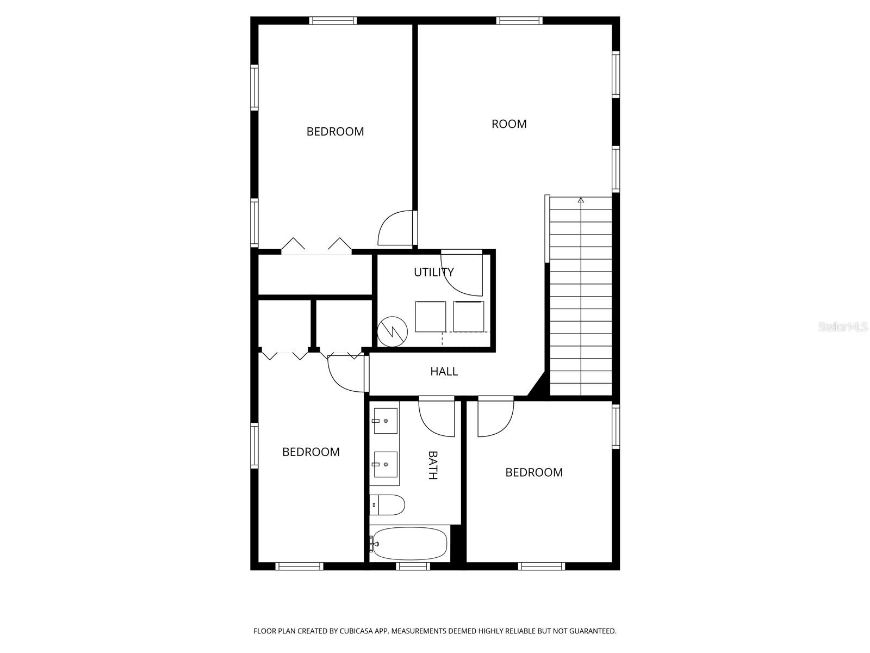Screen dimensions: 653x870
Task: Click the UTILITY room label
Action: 433,272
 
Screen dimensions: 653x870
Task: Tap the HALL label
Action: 444,372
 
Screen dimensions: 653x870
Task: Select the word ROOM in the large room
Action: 509,124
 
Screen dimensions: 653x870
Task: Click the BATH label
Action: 432,465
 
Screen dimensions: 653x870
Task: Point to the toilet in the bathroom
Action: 387,505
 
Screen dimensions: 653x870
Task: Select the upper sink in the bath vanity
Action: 385,421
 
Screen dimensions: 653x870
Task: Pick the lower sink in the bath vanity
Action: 385,464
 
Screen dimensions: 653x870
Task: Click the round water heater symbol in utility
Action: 392,331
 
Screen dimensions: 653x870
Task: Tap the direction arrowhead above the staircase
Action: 581,200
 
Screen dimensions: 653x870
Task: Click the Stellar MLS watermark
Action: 843,327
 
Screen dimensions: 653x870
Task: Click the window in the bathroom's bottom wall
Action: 413,566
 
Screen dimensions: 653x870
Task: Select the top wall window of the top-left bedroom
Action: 333,21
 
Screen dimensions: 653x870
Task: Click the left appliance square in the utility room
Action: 431,316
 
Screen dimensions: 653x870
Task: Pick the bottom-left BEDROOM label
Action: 310,452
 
